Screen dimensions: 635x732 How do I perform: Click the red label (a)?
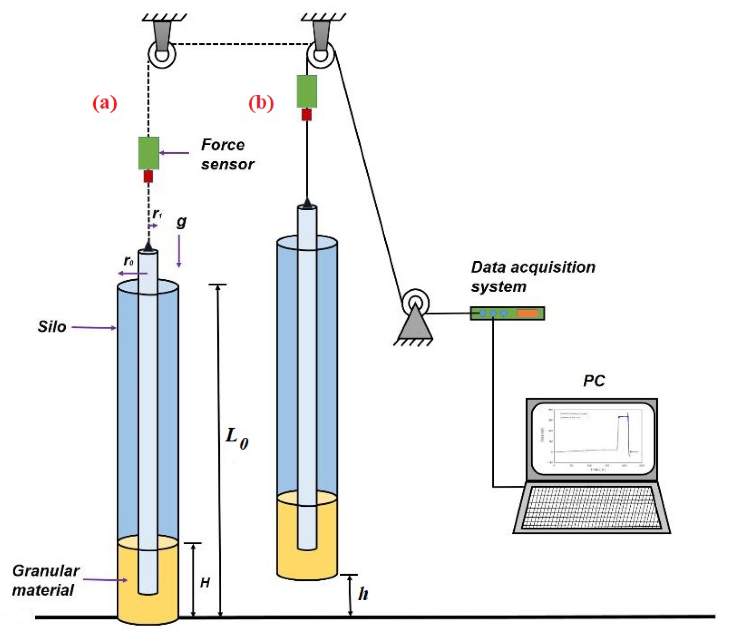[105, 103]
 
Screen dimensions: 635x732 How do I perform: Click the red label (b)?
[261, 103]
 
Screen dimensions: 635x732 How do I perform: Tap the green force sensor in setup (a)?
[148, 153]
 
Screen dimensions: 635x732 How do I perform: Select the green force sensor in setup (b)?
[307, 91]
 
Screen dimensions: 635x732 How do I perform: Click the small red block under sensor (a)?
[148, 177]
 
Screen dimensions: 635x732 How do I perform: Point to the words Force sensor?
[227, 154]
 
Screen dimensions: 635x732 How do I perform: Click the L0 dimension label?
[236, 438]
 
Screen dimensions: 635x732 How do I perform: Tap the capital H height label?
[205, 582]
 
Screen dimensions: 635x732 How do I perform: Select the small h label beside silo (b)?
[363, 594]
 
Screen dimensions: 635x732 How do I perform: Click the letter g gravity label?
[181, 221]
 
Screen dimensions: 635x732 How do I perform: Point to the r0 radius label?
[128, 261]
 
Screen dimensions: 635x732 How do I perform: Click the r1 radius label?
[157, 214]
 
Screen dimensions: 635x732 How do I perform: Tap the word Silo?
[52, 326]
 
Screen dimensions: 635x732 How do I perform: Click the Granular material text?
[45, 580]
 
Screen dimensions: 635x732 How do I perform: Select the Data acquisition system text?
[533, 277]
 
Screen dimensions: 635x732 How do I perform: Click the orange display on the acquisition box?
[528, 313]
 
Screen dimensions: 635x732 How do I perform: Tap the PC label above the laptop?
[594, 381]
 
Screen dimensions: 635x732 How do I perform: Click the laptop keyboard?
[591, 507]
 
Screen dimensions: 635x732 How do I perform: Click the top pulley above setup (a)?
[162, 54]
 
